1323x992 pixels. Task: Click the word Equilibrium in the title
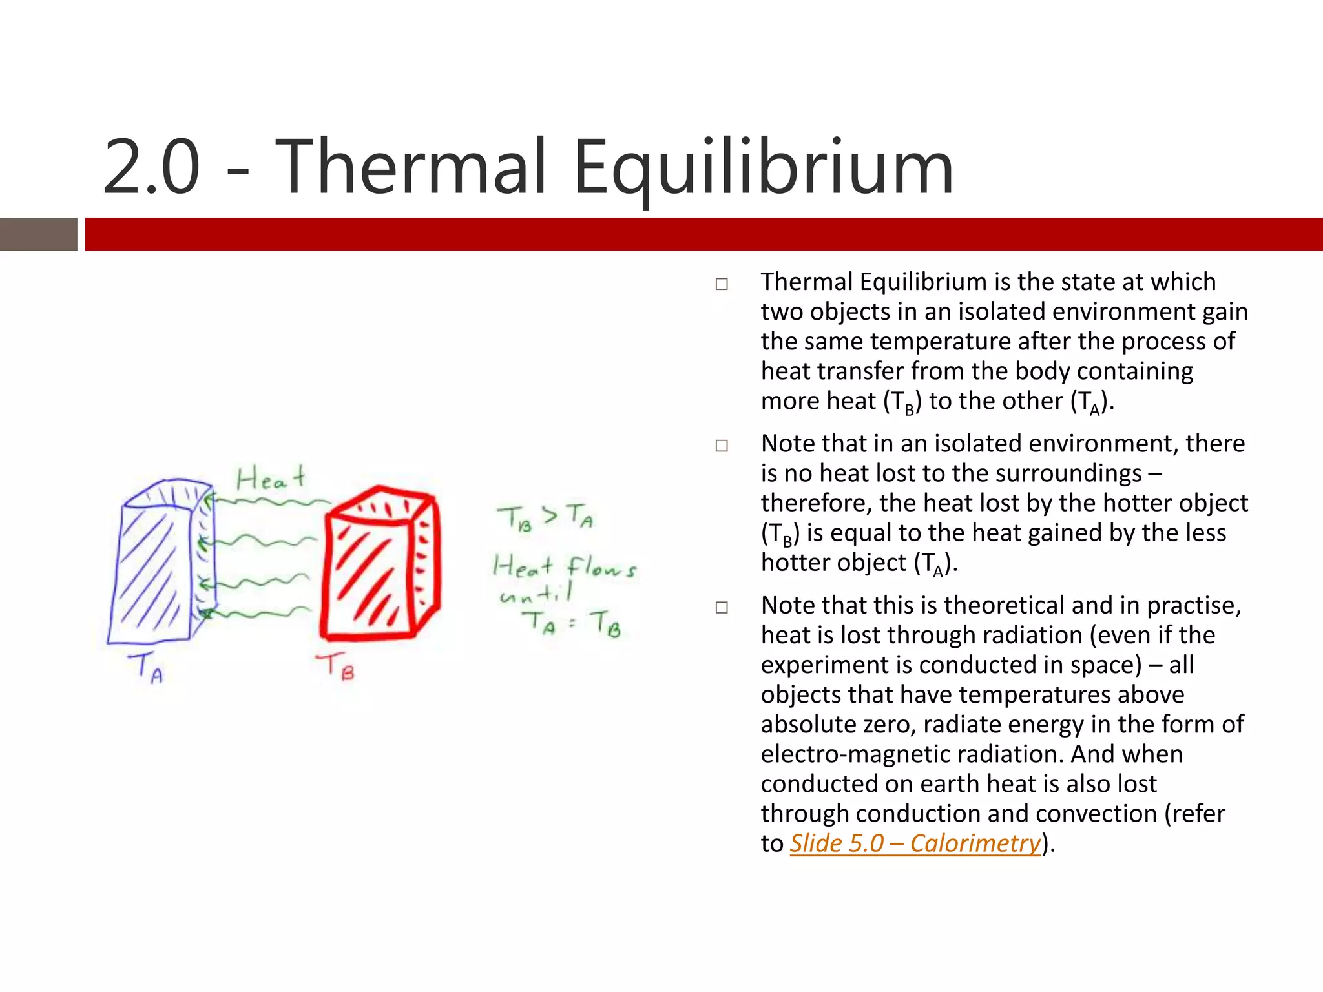click(x=762, y=169)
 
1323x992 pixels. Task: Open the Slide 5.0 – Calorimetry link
click(x=915, y=843)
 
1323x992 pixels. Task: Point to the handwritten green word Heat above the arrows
click(x=270, y=479)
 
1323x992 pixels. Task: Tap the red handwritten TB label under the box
click(x=336, y=665)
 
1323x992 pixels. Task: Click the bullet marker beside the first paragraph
click(x=722, y=284)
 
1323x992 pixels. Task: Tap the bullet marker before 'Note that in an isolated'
click(x=722, y=446)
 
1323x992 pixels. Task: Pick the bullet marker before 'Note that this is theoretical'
click(x=722, y=607)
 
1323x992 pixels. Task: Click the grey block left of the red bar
click(x=38, y=234)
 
